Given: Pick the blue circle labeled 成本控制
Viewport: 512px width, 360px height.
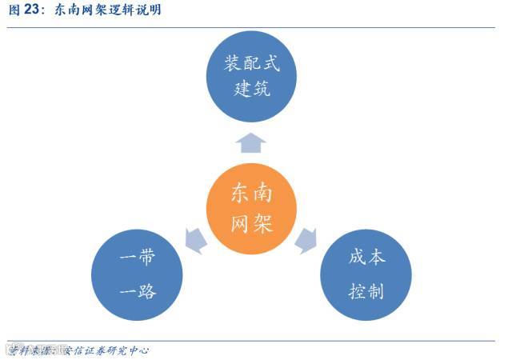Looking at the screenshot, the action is [366, 274].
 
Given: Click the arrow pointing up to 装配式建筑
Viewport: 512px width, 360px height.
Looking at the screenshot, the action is [252, 143].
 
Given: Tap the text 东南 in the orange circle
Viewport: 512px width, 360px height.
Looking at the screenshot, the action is [252, 192].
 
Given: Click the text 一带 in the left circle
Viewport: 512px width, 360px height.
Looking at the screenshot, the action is [138, 258].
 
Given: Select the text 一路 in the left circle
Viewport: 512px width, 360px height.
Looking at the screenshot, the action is [138, 291].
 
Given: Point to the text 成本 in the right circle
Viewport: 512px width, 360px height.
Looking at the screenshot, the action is [366, 258].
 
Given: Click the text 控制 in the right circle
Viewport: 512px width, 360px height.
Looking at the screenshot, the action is [366, 291].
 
